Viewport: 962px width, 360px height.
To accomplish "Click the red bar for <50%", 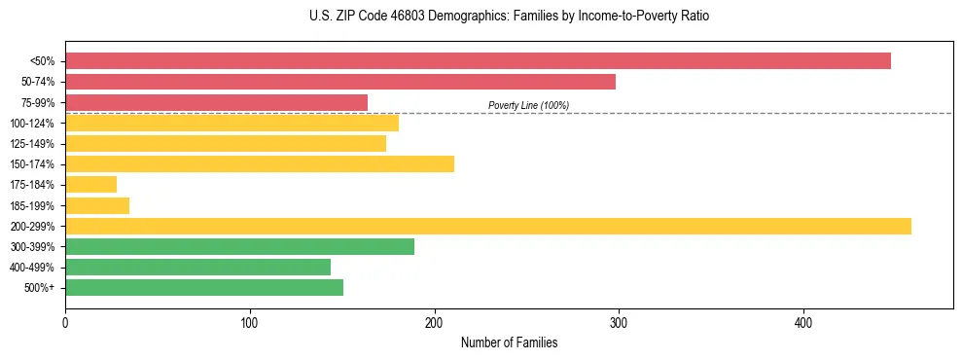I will coord(478,61).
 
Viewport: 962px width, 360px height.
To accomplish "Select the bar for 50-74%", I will coord(340,82).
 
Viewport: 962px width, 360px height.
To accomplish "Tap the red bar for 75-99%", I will coord(216,102).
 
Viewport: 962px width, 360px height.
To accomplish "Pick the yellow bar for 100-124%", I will coord(232,123).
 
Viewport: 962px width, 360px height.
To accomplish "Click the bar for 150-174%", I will coord(260,164).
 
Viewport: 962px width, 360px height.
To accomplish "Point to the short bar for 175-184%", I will coord(90,185).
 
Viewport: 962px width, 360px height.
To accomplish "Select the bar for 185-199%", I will coord(97,205).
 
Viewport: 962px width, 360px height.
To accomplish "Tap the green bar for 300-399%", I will coord(239,246).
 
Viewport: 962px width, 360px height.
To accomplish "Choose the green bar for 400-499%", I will coord(197,267).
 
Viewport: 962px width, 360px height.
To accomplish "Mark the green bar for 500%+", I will coord(204,287).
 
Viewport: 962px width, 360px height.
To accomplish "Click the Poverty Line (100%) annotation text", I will coord(528,105).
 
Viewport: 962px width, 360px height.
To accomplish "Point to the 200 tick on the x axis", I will coord(435,322).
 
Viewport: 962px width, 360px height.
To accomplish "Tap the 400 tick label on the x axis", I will coord(803,322).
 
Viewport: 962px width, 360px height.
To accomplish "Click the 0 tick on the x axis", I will coord(65,322).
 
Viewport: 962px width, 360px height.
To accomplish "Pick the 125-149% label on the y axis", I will coord(32,144).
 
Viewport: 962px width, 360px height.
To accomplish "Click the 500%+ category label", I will coord(39,288).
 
